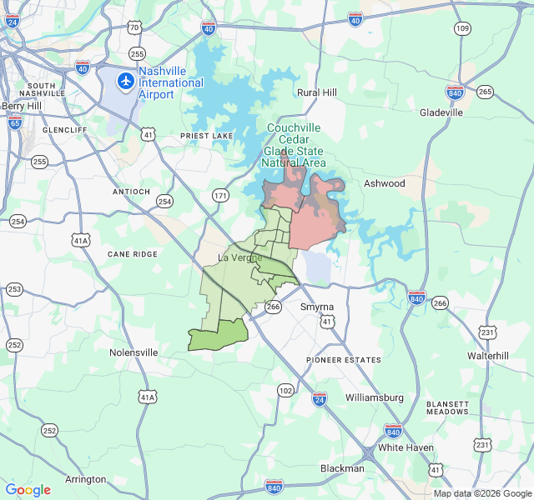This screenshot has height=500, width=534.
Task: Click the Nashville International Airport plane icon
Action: (126, 81)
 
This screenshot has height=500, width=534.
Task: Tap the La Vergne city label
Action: (239, 257)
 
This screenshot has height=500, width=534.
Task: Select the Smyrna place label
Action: (316, 307)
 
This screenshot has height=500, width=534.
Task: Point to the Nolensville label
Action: (133, 352)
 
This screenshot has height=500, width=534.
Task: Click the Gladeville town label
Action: (441, 112)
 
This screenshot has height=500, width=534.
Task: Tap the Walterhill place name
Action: (488, 356)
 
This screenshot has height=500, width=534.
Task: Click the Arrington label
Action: (86, 479)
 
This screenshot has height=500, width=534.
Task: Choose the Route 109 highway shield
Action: (462, 28)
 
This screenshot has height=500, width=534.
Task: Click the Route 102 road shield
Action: (285, 390)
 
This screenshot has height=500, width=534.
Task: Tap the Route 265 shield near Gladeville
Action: (485, 92)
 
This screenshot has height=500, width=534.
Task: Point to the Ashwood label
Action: (384, 183)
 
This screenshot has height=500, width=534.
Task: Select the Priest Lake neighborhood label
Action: (205, 135)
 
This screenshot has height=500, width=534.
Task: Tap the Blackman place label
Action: (342, 468)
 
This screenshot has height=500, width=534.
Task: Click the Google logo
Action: (28, 490)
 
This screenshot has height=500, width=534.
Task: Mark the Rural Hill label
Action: (317, 92)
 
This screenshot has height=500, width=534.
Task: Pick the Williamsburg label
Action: (374, 397)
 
